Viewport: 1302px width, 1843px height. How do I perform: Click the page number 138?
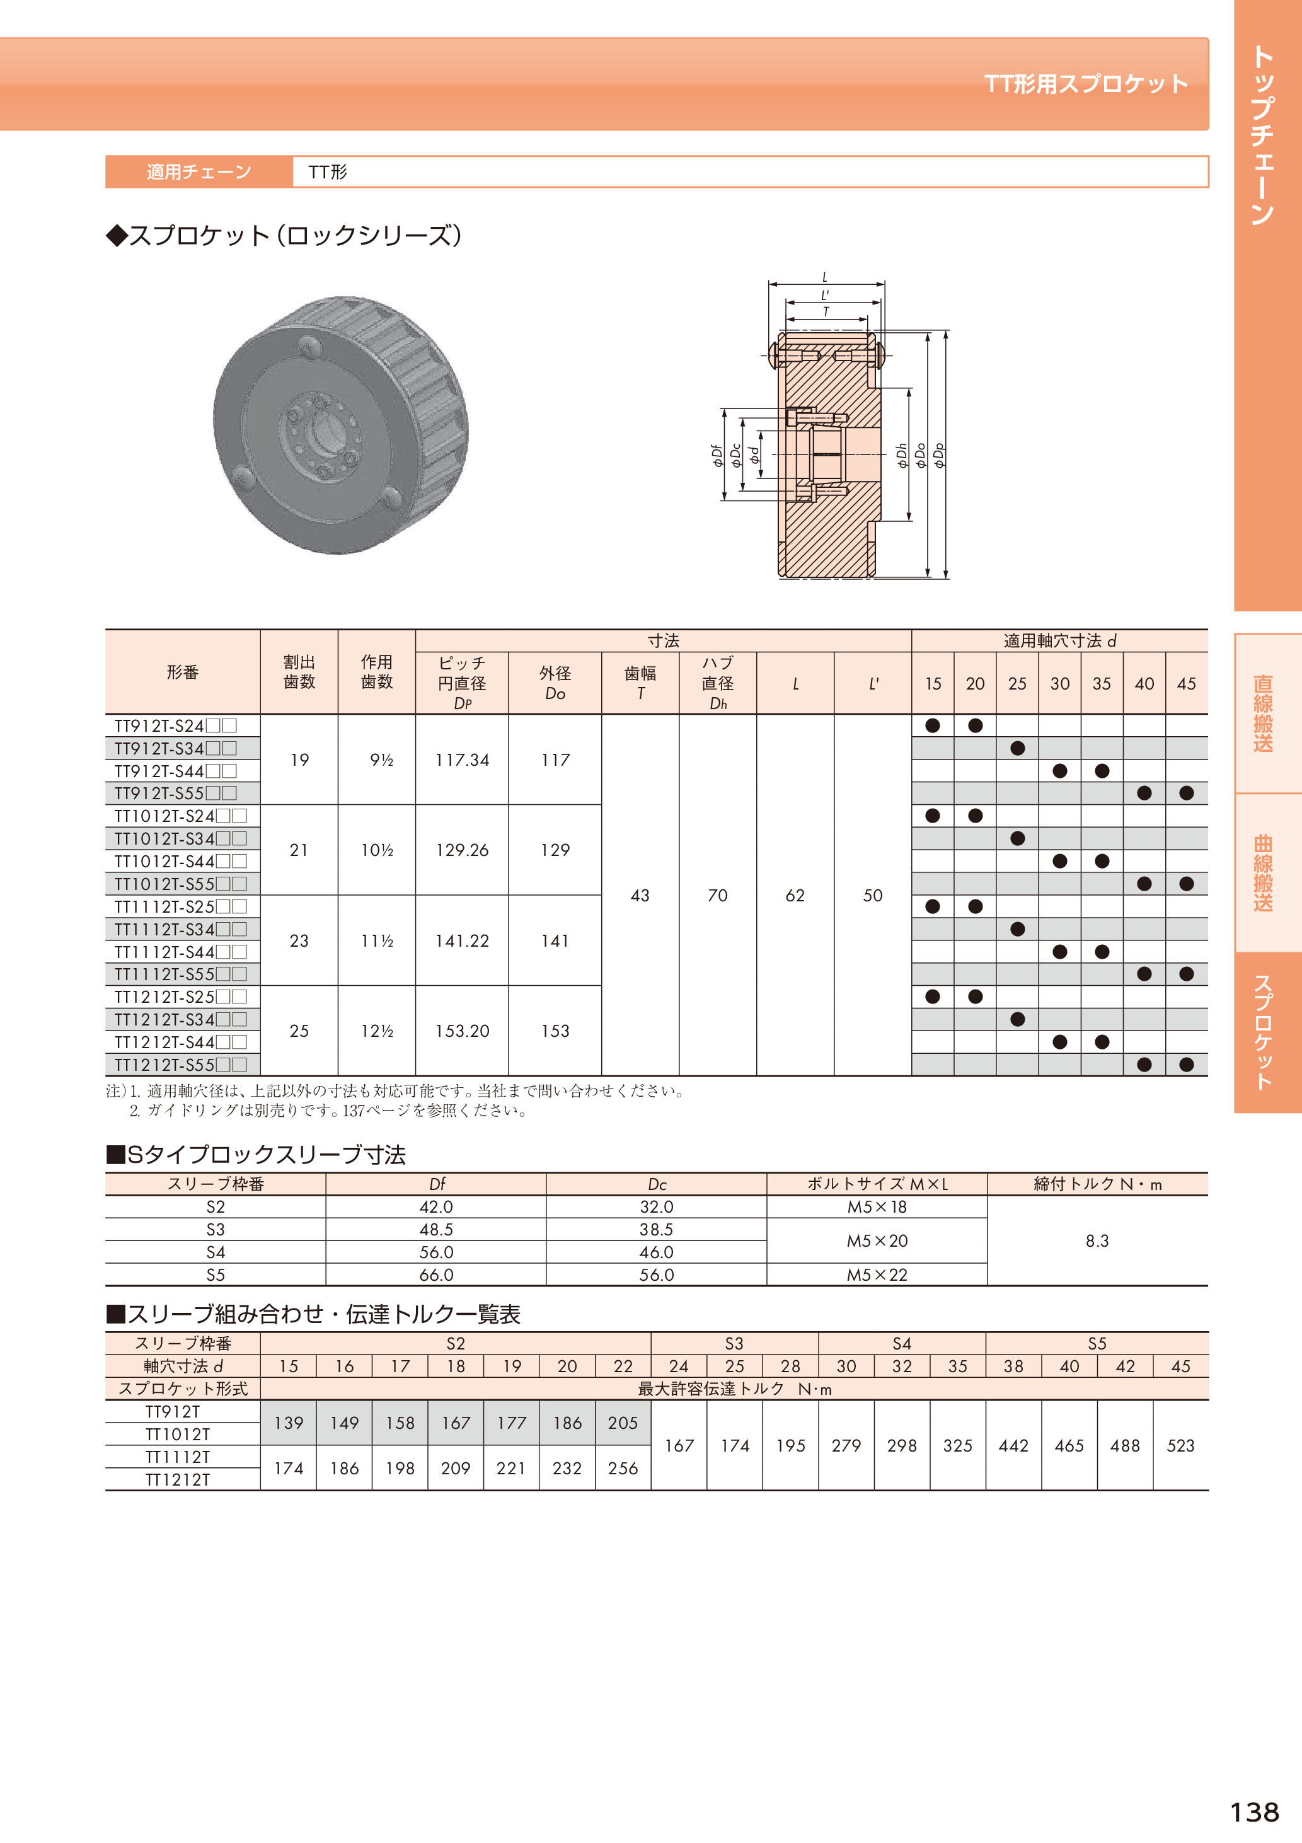pyautogui.click(x=1254, y=1811)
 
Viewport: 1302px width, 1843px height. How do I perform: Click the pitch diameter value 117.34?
pyautogui.click(x=461, y=760)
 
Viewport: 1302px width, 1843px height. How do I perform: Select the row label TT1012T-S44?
pyautogui.click(x=180, y=861)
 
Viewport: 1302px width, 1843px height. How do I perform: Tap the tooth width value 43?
pyautogui.click(x=640, y=895)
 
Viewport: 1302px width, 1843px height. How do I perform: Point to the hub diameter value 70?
pyautogui.click(x=718, y=895)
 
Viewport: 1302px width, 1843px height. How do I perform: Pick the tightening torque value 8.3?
pyautogui.click(x=1097, y=1241)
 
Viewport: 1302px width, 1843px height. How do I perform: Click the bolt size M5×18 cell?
pyautogui.click(x=877, y=1206)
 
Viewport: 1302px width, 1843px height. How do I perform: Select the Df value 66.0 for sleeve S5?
pyautogui.click(x=436, y=1274)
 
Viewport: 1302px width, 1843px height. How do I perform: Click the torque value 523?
pyautogui.click(x=1180, y=1446)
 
